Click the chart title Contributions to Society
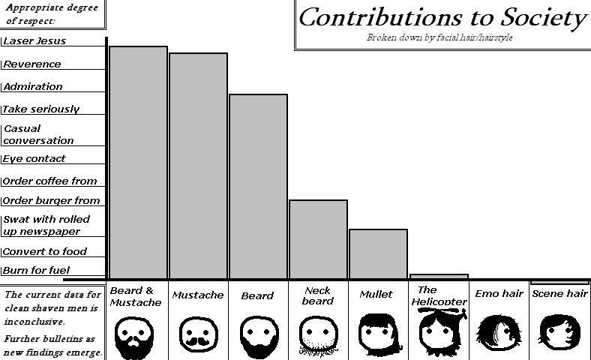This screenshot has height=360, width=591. click(x=442, y=17)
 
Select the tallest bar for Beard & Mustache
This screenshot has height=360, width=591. click(x=138, y=162)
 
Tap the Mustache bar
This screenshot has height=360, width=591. click(x=198, y=166)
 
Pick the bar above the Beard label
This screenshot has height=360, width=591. click(x=258, y=186)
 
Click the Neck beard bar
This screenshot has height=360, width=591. click(x=318, y=239)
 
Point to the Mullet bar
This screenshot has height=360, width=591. click(x=378, y=253)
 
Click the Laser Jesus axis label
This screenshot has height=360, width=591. click(x=34, y=41)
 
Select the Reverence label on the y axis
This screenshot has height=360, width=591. click(x=32, y=64)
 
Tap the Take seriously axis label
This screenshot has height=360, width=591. click(x=41, y=109)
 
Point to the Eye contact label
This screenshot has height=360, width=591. click(x=34, y=159)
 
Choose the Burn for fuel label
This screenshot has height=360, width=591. click(x=36, y=271)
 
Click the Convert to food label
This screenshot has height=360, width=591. click(x=45, y=252)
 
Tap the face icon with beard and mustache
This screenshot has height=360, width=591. click(x=135, y=334)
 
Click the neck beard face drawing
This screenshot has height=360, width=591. click(x=316, y=334)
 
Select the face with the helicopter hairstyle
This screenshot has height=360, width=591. click(x=437, y=333)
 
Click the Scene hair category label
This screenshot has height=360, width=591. click(x=559, y=294)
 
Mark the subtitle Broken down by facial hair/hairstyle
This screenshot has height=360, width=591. click(x=439, y=37)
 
